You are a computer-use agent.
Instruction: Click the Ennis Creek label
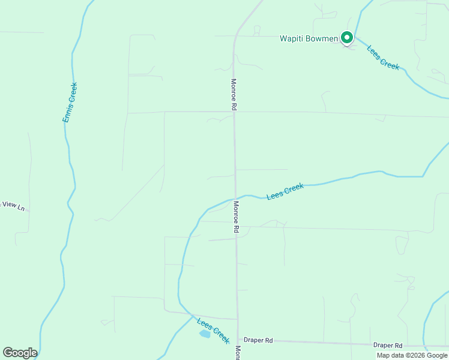[70, 103]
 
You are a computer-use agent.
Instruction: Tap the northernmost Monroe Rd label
[234, 94]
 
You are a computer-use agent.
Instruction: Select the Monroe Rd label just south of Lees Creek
[237, 217]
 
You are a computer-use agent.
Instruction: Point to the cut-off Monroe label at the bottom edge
[238, 353]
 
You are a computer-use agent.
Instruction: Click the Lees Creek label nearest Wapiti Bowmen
[383, 58]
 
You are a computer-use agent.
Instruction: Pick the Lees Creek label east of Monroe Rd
[285, 191]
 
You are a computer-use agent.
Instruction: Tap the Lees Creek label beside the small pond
[213, 330]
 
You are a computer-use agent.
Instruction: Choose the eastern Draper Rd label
[387, 346]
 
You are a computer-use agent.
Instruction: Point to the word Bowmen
[323, 39]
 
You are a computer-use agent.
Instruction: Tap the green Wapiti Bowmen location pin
[347, 38]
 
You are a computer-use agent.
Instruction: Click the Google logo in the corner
[20, 353]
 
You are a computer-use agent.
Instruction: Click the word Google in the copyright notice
[438, 355]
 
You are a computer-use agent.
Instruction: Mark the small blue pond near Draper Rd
[205, 334]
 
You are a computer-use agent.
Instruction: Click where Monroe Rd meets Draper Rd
[238, 340]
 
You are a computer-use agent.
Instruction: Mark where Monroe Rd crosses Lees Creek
[235, 197]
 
